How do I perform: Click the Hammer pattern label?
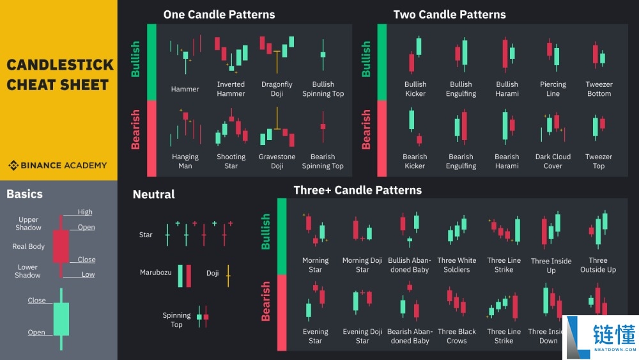[x=185, y=89]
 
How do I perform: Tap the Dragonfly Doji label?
[x=277, y=89]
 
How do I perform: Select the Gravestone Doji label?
[x=277, y=161]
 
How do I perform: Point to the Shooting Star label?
[x=231, y=161]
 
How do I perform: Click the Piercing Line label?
[x=553, y=89]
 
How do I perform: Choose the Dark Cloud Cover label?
[x=553, y=161]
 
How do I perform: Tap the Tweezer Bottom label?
[x=599, y=89]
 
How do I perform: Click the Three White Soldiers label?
[x=456, y=265]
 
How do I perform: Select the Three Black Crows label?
[x=456, y=336]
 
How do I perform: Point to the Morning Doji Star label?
[x=362, y=265]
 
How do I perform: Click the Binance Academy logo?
[x=58, y=165]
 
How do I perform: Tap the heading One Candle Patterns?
[x=219, y=14]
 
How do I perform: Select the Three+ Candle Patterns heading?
[x=357, y=190]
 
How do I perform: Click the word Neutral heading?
[x=153, y=194]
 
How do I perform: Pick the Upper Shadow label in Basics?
[x=28, y=223]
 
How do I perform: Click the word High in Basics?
[x=85, y=212]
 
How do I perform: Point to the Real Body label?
[x=28, y=246]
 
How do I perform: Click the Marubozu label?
[x=156, y=272]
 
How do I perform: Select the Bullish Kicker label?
[x=415, y=89]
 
